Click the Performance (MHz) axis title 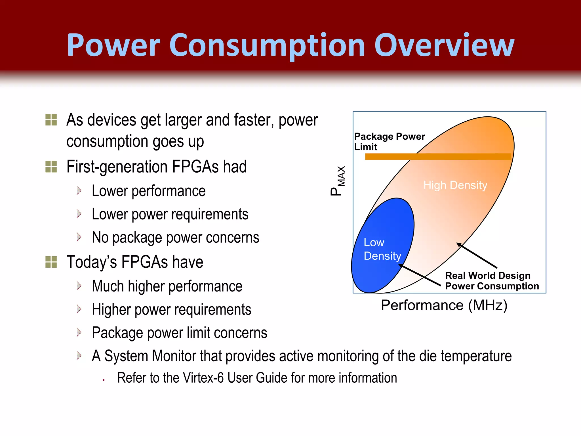444,305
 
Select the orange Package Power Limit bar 438,157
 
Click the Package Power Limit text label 389,141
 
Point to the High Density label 455,185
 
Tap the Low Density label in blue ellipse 382,249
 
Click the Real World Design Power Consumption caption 492,281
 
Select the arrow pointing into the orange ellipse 477,255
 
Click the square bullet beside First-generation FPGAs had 51,167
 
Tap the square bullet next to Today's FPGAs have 51,262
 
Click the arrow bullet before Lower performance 79,190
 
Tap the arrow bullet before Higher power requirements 79,309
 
